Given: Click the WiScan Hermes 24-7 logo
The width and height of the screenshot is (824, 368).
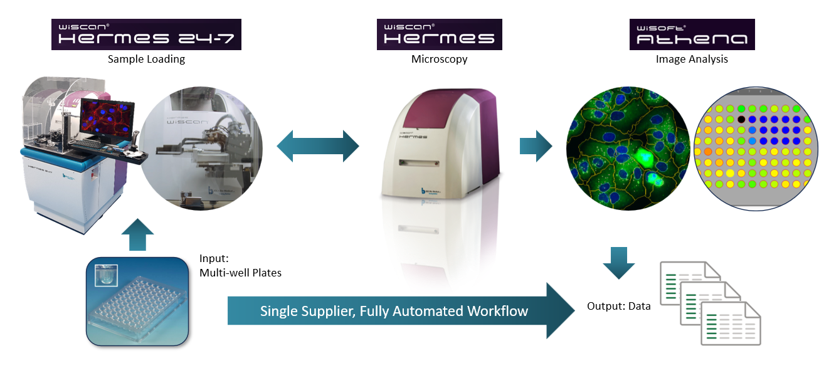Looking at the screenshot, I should coord(147,34).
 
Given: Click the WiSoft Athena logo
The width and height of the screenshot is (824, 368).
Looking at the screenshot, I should coord(692,34).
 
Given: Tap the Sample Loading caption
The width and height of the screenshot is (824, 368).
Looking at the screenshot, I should coord(146,60).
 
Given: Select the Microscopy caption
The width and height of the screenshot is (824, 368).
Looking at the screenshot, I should coord(439,60).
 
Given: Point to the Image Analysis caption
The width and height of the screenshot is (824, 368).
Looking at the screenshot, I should coord(692,60).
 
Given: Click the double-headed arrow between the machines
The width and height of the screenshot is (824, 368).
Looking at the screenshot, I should coord(318,147).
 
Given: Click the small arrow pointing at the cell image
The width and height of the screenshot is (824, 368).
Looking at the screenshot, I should coord(535,147).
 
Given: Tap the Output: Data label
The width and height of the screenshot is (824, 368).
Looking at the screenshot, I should coord(618,307).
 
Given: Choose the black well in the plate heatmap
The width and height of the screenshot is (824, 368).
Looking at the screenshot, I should coord(742,118).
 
